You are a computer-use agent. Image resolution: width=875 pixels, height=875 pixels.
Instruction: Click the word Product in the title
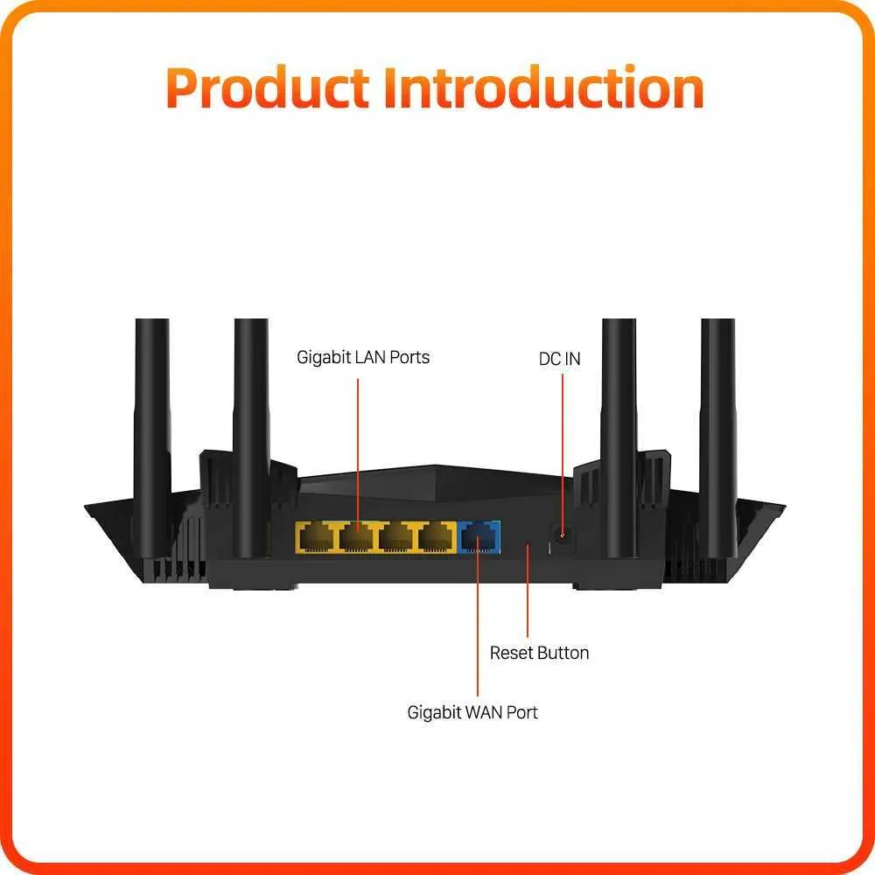[267, 87]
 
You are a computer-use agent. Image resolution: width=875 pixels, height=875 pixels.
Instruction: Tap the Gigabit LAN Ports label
[363, 358]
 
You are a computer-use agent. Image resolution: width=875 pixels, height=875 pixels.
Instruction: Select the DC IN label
[560, 359]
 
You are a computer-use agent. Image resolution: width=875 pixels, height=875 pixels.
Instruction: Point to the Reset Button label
[539, 653]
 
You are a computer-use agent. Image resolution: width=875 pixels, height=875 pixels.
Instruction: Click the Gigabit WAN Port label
[472, 712]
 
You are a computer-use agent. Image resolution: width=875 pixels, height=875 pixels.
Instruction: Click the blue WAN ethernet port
[479, 537]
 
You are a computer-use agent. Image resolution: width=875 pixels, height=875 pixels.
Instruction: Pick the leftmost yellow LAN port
[315, 537]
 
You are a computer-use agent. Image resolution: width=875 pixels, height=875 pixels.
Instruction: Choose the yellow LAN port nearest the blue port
[438, 537]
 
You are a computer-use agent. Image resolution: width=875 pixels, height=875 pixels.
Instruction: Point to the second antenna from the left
[251, 438]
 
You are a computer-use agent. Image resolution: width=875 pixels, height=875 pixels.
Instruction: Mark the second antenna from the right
[619, 438]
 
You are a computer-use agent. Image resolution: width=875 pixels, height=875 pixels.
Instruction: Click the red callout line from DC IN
[563, 456]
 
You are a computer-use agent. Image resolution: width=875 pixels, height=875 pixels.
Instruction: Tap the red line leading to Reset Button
[528, 591]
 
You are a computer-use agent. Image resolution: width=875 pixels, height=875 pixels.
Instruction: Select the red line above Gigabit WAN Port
[478, 623]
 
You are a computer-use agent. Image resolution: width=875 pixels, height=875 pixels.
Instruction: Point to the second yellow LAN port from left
[357, 537]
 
